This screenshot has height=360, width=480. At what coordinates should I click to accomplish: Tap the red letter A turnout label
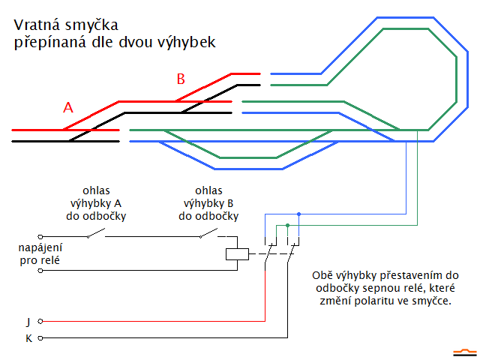pyautogui.click(x=68, y=108)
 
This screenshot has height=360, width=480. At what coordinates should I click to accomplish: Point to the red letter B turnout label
pyautogui.click(x=180, y=79)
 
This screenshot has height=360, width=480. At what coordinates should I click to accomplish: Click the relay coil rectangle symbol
pyautogui.click(x=237, y=253)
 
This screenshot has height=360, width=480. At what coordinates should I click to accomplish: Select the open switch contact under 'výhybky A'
pyautogui.click(x=94, y=235)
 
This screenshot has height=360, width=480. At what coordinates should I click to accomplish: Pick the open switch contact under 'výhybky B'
pyautogui.click(x=208, y=235)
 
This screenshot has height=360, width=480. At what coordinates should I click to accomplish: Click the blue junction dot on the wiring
pyautogui.click(x=298, y=214)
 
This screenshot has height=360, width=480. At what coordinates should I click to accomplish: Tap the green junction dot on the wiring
pyautogui.click(x=287, y=225)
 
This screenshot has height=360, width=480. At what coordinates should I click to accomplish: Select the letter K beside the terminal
pyautogui.click(x=28, y=338)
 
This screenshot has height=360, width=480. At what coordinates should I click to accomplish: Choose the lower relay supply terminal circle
pyautogui.click(x=40, y=270)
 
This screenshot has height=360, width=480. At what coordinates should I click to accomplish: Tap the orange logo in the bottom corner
pyautogui.click(x=463, y=350)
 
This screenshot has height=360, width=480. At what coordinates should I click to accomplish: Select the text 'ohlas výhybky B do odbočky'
pyautogui.click(x=208, y=203)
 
